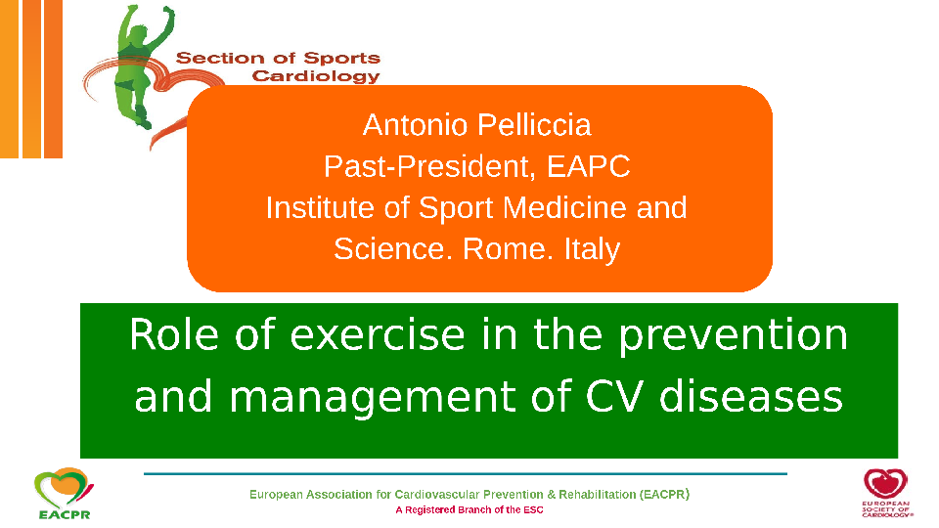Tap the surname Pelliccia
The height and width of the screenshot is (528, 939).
coord(535,125)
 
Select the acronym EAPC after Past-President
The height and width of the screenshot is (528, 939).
coord(588,166)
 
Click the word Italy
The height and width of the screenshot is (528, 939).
coord(592,249)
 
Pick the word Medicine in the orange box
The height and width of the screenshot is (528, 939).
coord(564,207)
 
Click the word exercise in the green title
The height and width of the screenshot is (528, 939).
coord(378,334)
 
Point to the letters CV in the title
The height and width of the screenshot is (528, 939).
coord(615,396)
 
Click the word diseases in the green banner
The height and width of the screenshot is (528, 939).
coord(751,396)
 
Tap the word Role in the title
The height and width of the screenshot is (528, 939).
coord(174,334)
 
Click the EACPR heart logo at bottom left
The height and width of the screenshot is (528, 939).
coord(64,493)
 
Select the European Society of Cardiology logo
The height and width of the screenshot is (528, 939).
coord(886,492)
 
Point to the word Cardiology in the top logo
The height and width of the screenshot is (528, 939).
coord(316,76)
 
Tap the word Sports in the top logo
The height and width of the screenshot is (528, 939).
coord(341,58)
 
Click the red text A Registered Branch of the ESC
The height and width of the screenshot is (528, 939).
coord(469,510)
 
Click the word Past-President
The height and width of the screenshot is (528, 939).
coord(429,166)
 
